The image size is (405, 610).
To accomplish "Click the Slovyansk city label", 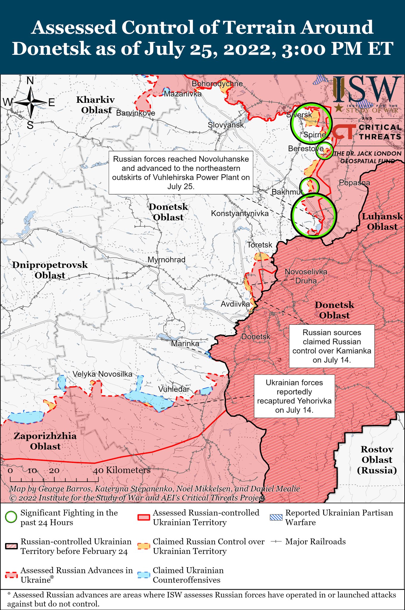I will pyautogui.click(x=226, y=125).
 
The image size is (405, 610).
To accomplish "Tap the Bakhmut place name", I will pyautogui.click(x=287, y=192).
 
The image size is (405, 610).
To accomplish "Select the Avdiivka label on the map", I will pyautogui.click(x=235, y=304).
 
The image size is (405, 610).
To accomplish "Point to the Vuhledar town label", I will pyautogui.click(x=174, y=389).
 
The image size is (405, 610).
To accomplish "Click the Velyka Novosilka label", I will pyautogui.click(x=102, y=374).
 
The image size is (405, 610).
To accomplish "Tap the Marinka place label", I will pyautogui.click(x=185, y=343).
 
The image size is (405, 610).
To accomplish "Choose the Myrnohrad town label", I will pyautogui.click(x=166, y=260).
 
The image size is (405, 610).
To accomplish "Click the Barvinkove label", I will pyautogui.click(x=135, y=113).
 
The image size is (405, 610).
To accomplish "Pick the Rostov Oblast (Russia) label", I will pyautogui.click(x=377, y=460).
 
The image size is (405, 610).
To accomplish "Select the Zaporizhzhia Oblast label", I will pyautogui.click(x=45, y=441).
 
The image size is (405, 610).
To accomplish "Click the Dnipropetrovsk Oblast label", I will pyautogui.click(x=50, y=270).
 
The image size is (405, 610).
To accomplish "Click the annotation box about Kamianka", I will pyautogui.click(x=331, y=346).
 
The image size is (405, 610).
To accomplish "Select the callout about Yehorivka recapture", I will pyautogui.click(x=294, y=396).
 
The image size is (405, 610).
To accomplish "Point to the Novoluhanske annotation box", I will pyautogui.click(x=181, y=173).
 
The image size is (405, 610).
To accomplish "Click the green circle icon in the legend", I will pyautogui.click(x=11, y=517).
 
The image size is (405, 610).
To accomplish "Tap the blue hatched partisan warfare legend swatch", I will pyautogui.click(x=276, y=517).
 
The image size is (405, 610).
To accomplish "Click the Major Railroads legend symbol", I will pyautogui.click(x=276, y=541).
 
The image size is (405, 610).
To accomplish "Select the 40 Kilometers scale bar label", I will pyautogui.click(x=121, y=470).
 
